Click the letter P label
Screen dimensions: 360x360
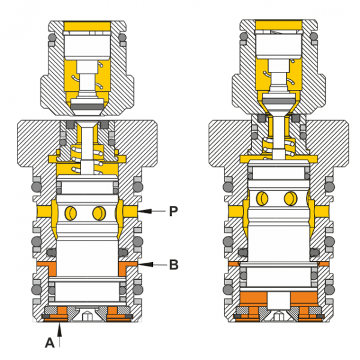tap(173, 211)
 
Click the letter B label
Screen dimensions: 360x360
tap(173, 264)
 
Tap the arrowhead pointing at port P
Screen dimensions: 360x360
tap(142, 211)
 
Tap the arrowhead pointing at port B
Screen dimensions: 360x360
tap(142, 264)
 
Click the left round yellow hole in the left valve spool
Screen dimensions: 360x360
tap(72, 212)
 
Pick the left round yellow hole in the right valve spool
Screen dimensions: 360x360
tap(263, 198)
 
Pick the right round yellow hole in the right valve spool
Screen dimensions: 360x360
tap(290, 198)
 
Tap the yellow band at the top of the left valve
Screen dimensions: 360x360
tap(85, 26)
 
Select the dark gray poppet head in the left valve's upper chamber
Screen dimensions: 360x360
tap(85, 106)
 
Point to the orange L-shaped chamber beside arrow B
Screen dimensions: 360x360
tap(128, 265)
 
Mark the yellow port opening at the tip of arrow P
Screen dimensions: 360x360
tap(130, 211)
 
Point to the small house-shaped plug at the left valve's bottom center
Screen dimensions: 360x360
tap(85, 315)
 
